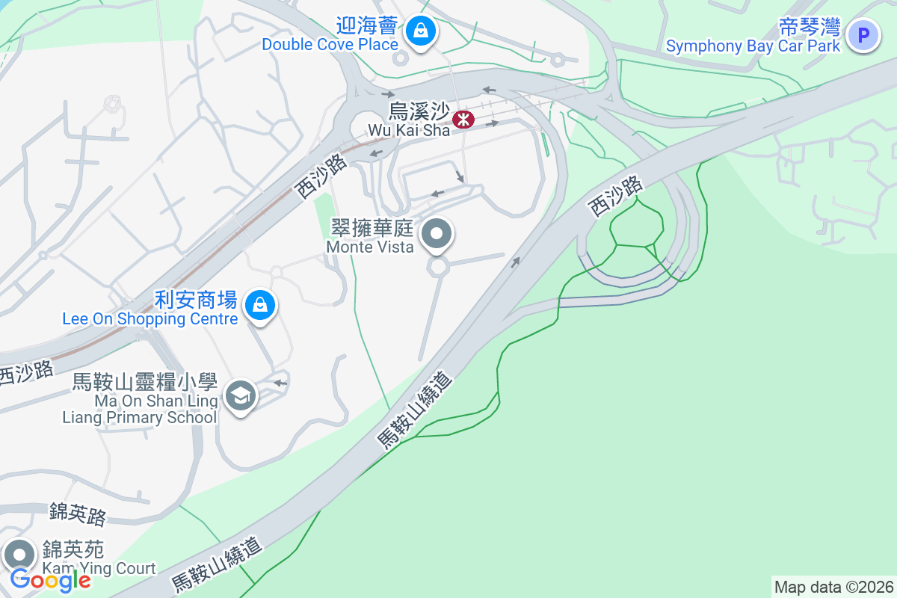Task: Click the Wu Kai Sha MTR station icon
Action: click(463, 118)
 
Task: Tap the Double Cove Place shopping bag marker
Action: click(422, 31)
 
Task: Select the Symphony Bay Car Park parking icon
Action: click(863, 35)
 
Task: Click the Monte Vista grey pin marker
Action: click(437, 235)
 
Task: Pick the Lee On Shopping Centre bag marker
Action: click(259, 305)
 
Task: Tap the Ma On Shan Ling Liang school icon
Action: click(241, 395)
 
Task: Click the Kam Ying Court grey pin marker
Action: click(19, 555)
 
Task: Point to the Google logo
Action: click(50, 580)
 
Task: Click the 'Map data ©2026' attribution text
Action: click(833, 587)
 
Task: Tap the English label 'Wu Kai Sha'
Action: click(409, 130)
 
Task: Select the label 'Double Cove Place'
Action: click(330, 45)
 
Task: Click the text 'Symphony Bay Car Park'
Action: click(753, 46)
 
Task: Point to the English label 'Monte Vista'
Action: click(370, 247)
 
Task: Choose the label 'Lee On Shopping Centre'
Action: click(150, 319)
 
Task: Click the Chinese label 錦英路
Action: click(78, 514)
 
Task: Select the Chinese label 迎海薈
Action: click(366, 27)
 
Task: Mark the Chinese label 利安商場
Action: click(196, 300)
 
